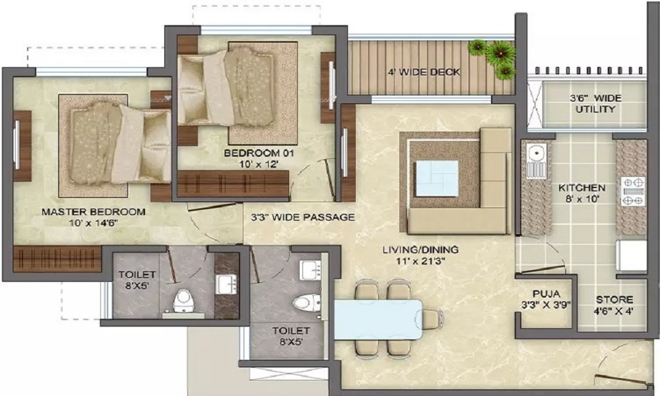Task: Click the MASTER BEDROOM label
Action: coord(93,212)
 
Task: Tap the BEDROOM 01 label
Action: coord(258,153)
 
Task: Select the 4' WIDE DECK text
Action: coord(424,72)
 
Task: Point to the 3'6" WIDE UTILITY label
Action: coord(595,104)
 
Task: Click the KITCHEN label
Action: coord(581,187)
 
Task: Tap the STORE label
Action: coord(614,300)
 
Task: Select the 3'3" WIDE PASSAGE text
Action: coord(303,216)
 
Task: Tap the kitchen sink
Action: coord(537,155)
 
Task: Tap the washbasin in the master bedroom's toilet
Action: coord(226,284)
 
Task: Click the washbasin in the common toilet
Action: coord(310,269)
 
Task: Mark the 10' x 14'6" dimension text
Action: coord(93,223)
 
